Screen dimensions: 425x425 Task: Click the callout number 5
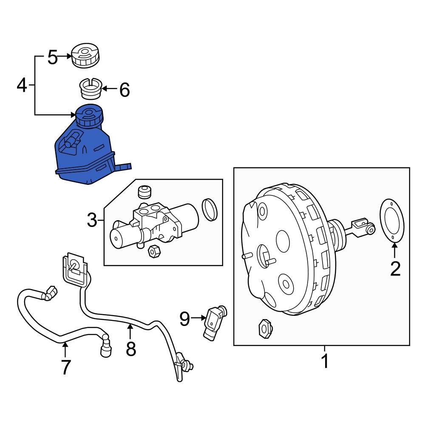[x=52, y=57]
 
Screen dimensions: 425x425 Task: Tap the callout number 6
[x=124, y=90]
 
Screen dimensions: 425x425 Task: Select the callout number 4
[x=22, y=85]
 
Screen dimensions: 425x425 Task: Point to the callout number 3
[x=92, y=221]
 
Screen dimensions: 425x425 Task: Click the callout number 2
[x=395, y=269]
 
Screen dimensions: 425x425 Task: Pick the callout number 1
[x=325, y=362]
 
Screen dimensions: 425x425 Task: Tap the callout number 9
[x=184, y=318]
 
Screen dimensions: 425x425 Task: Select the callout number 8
[x=131, y=348]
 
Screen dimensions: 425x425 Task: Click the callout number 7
[x=65, y=367]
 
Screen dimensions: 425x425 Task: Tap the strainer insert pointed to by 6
[x=91, y=89]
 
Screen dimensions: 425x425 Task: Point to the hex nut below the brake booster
[x=264, y=328]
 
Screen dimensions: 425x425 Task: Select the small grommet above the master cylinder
[x=145, y=192]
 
